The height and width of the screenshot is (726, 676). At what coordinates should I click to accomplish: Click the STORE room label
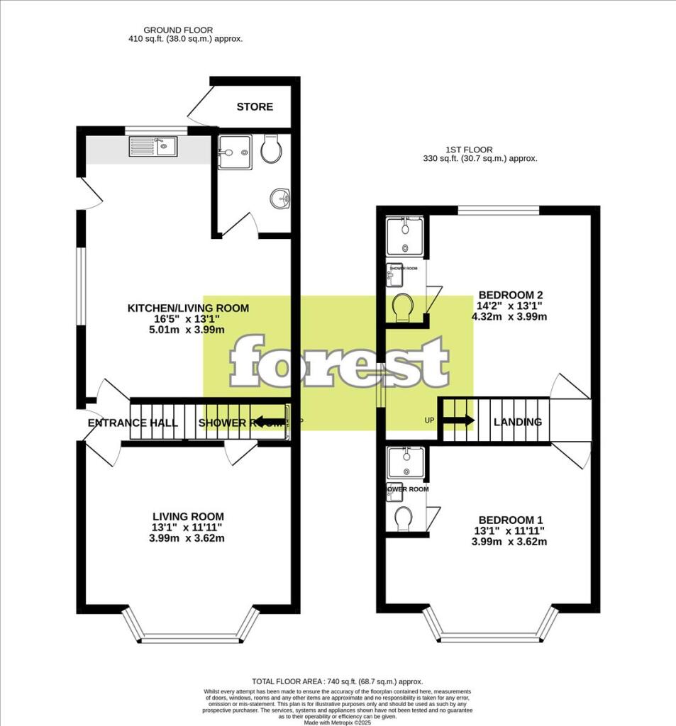(x=255, y=107)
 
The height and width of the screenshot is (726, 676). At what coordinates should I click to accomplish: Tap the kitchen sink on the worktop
(x=153, y=147)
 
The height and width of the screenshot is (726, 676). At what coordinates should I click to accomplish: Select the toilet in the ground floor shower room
(x=272, y=148)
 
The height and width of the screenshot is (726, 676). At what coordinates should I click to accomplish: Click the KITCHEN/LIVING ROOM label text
(x=188, y=308)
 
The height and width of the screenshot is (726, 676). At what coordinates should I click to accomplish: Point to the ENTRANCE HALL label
(x=133, y=423)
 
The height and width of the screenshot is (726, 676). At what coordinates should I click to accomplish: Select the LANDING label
(x=518, y=422)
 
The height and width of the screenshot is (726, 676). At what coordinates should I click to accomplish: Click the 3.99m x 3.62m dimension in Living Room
(x=188, y=538)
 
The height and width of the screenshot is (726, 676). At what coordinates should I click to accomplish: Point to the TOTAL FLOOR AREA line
(x=337, y=681)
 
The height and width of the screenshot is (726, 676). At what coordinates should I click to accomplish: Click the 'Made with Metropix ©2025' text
(x=338, y=722)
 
